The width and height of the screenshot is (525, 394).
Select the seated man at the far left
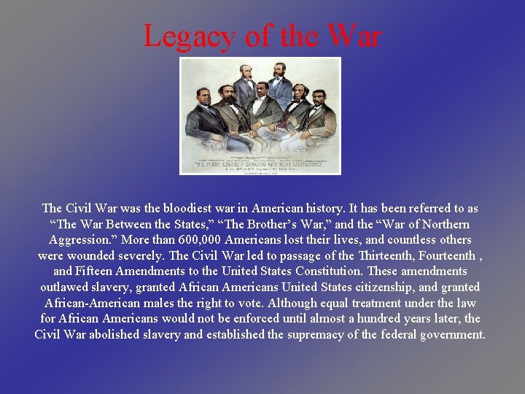[x=205, y=117]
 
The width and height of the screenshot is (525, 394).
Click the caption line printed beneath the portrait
[x=260, y=163]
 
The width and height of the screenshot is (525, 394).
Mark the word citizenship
[x=395, y=287]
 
